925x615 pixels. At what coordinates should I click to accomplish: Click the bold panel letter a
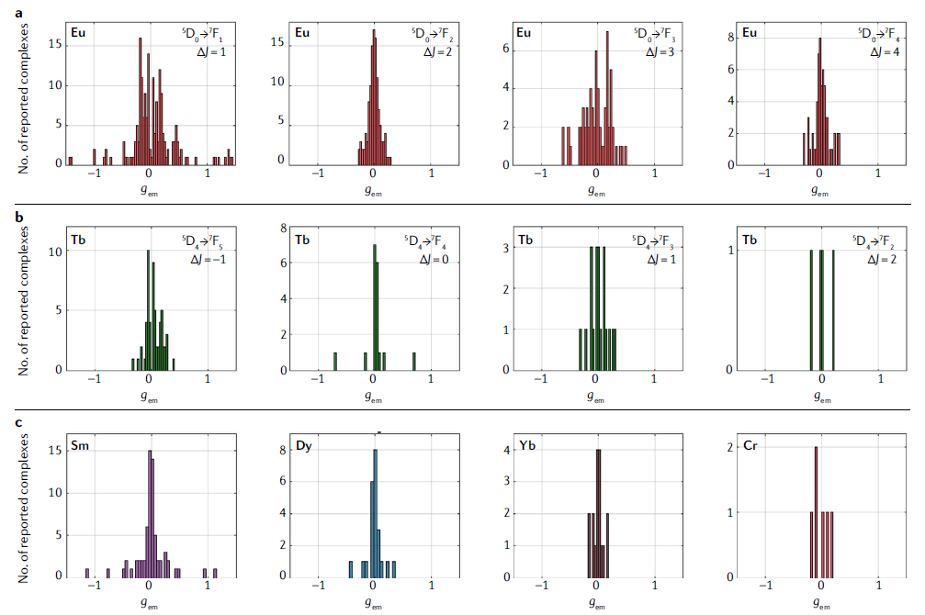(x=7, y=11)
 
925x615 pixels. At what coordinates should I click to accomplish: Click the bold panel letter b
(x=7, y=218)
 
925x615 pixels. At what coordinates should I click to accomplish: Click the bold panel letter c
(x=7, y=424)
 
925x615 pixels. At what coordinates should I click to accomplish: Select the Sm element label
(x=80, y=446)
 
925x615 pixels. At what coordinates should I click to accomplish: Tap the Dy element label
(x=303, y=446)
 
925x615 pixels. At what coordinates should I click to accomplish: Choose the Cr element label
(x=750, y=446)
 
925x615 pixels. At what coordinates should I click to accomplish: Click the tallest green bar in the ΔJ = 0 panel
(x=375, y=307)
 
